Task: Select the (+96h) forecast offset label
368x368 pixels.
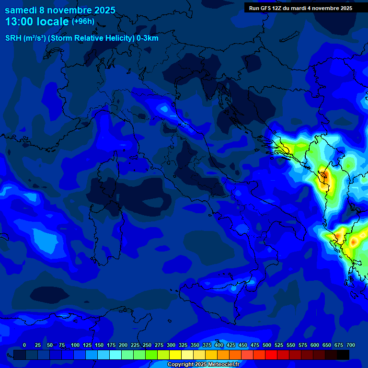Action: click(82, 22)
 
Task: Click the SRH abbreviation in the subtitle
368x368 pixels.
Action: click(13, 38)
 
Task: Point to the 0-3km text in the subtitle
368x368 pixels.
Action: click(148, 38)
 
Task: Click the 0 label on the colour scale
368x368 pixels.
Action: click(24, 345)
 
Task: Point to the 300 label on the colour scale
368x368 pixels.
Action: click(171, 345)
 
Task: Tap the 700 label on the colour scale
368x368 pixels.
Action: click(351, 345)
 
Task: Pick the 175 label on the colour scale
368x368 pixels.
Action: click(111, 345)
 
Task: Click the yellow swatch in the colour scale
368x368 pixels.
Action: click(175, 355)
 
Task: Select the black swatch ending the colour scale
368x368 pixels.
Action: click(343, 355)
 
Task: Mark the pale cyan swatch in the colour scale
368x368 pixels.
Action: click(115, 355)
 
